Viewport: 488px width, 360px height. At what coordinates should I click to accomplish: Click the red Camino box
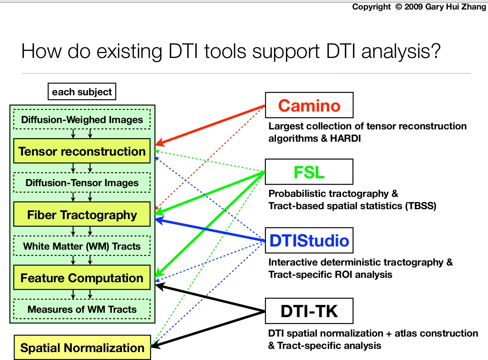point(309,105)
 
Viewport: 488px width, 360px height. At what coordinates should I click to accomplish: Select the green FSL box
point(309,172)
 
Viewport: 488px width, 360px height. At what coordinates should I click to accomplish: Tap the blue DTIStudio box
point(309,241)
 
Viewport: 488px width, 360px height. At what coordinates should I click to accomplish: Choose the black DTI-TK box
point(309,311)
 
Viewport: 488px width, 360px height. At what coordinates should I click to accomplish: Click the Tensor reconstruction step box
point(82,151)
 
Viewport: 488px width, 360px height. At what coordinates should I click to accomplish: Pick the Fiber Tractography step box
point(82,215)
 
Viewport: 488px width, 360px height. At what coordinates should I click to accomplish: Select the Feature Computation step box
point(82,278)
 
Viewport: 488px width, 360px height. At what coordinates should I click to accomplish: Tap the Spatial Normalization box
point(82,348)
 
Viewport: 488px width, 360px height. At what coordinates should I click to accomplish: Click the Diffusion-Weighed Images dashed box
point(82,120)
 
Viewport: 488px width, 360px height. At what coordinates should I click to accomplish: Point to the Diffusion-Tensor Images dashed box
point(82,183)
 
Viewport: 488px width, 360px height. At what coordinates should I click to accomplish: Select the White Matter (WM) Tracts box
point(82,246)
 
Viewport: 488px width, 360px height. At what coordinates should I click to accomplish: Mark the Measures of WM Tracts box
point(82,309)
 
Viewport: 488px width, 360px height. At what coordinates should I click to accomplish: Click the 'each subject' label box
point(82,92)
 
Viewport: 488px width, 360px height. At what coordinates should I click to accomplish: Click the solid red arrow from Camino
point(210,125)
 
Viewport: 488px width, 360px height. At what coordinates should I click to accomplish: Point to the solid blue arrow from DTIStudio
point(210,229)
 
